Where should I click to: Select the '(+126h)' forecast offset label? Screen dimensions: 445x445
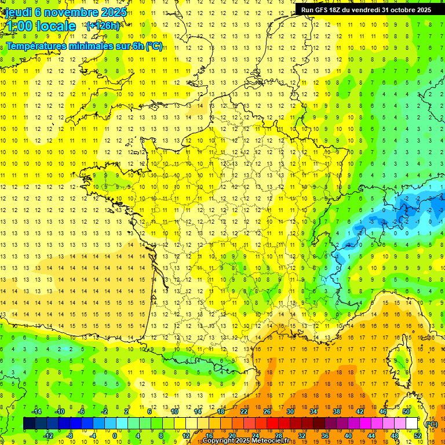pos(103,25)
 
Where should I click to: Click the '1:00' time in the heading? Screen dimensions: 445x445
pos(20,26)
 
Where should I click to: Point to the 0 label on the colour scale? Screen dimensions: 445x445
pos(114,436)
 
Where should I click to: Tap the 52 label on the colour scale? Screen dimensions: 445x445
pos(417,436)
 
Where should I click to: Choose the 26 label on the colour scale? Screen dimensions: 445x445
pos(267,411)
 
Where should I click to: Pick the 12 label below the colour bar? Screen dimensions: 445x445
pos(185,436)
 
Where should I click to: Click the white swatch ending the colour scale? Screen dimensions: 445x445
pos(412,424)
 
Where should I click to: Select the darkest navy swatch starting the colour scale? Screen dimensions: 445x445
pos(29,424)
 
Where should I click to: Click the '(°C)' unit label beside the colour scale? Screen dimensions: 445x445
pos(431,424)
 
